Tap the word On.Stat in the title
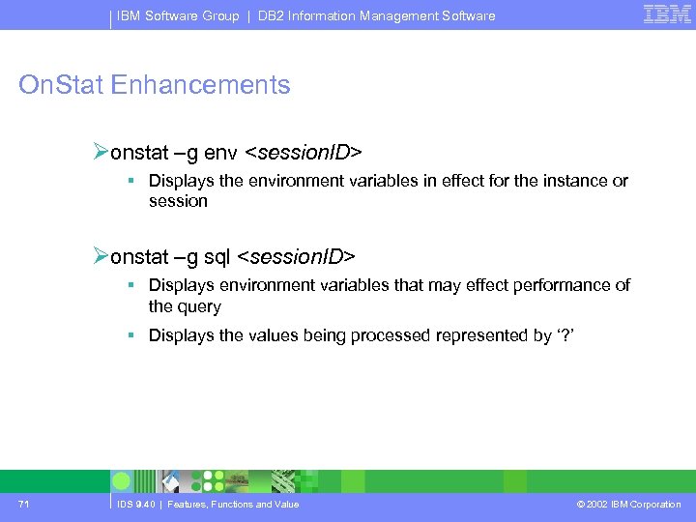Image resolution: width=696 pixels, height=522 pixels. pyautogui.click(x=61, y=85)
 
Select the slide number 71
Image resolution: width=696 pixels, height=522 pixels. pyautogui.click(x=24, y=504)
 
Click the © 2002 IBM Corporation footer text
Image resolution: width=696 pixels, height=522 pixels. pyautogui.click(x=627, y=504)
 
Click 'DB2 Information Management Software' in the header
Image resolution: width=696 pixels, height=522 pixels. pyautogui.click(x=376, y=15)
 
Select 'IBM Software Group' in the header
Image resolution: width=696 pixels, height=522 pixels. pyautogui.click(x=178, y=15)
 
